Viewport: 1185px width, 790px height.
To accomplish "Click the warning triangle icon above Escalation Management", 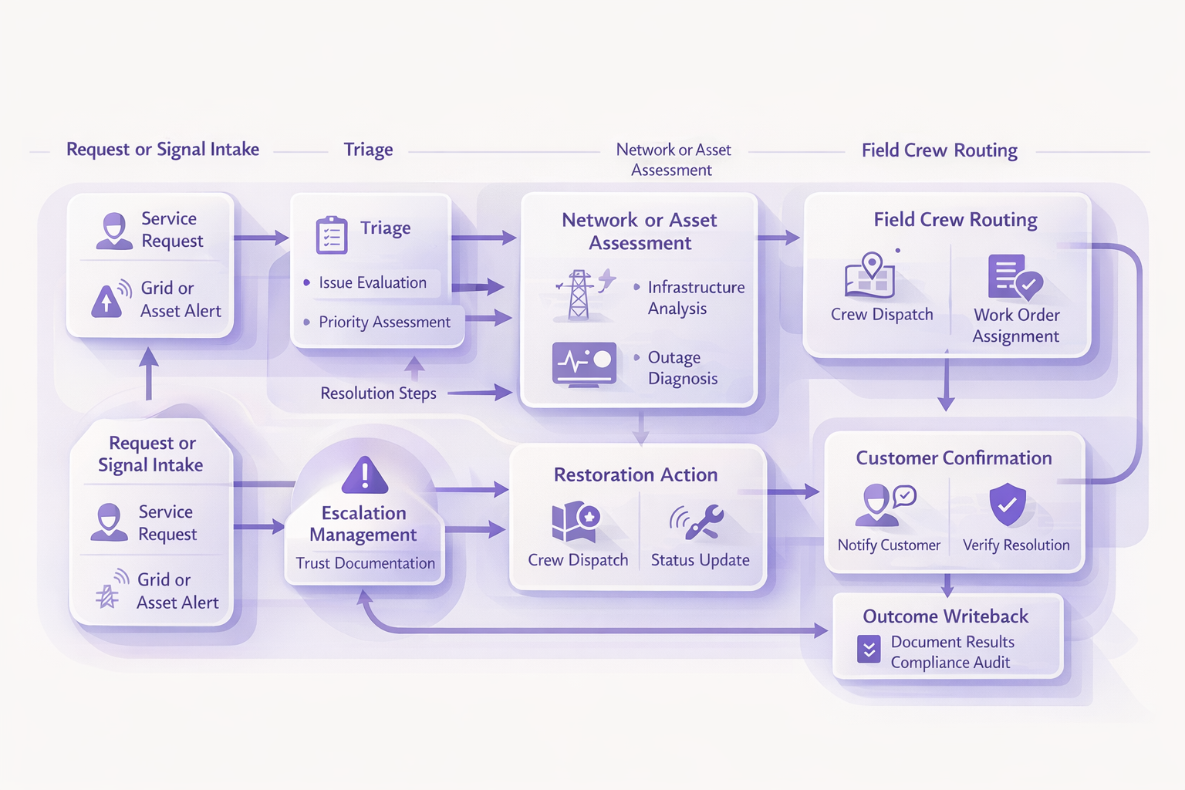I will [365, 474].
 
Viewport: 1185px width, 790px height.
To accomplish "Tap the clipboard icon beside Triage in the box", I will [332, 235].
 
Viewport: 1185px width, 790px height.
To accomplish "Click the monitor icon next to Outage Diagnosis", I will [584, 363].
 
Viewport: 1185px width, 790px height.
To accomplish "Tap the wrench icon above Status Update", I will [698, 522].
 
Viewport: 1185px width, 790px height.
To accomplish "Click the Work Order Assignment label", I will [1016, 326].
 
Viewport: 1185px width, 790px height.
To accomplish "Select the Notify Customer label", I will [889, 545].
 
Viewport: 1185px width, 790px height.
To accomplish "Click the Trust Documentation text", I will [365, 563].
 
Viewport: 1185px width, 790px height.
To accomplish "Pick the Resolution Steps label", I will [378, 393].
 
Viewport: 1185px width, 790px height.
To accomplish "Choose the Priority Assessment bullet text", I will [384, 322].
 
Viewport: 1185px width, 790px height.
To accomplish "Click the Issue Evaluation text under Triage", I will [373, 283].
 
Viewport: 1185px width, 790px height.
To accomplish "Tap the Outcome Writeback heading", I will [945, 616].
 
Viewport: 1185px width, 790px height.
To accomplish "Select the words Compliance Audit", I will [950, 663].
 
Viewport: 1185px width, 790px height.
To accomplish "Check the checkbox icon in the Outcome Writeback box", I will [869, 649].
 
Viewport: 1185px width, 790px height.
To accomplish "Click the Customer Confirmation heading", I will [954, 458].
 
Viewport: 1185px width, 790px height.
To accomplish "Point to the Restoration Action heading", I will [636, 475].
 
